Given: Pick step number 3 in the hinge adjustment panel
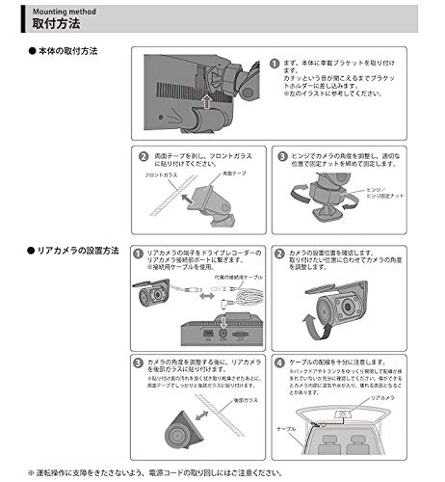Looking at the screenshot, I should (x=281, y=155).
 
